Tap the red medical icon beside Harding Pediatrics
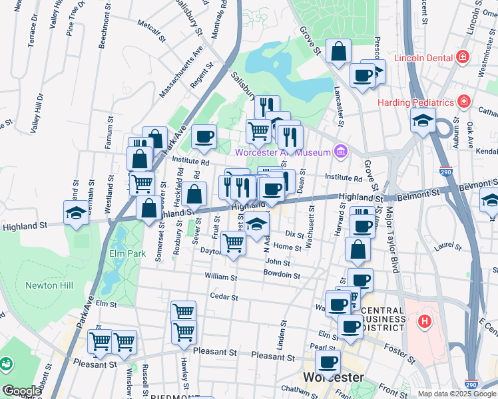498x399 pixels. click(x=464, y=102)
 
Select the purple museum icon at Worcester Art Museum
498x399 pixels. click(x=341, y=152)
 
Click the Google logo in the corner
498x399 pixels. click(x=21, y=391)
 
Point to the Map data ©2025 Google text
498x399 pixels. click(x=456, y=394)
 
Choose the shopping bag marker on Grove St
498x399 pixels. click(x=339, y=51)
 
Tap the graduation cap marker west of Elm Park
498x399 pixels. click(x=75, y=213)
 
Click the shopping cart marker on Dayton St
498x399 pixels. click(x=232, y=243)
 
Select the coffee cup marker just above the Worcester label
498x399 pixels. click(x=328, y=362)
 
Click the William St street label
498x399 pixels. click(x=220, y=275)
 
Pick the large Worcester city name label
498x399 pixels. click(x=333, y=378)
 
